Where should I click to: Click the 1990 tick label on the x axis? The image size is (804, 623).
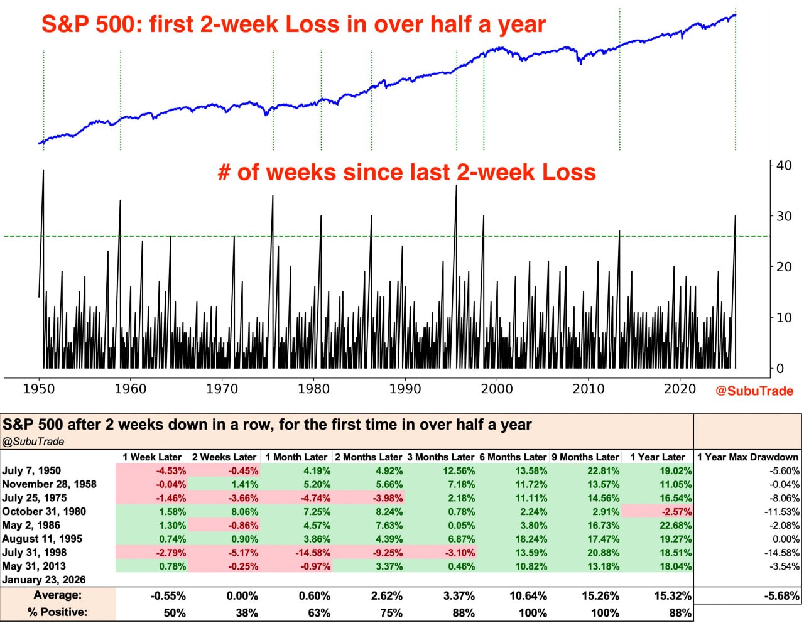point(405,389)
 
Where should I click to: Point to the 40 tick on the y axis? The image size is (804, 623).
point(784,165)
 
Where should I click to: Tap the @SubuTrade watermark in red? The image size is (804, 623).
point(754,391)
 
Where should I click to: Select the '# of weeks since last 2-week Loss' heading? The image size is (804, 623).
point(406,172)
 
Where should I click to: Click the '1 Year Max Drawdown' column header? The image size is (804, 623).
point(747,457)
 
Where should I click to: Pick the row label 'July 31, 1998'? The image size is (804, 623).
point(35,553)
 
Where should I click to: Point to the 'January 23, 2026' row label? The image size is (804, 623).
point(44,580)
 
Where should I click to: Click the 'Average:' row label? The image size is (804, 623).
point(58,595)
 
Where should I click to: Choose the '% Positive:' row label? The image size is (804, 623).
point(58,612)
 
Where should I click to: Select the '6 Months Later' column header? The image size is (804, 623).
point(513,457)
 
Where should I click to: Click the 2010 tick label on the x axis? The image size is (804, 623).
point(588,389)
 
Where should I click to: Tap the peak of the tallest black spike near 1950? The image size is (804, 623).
point(43,170)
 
